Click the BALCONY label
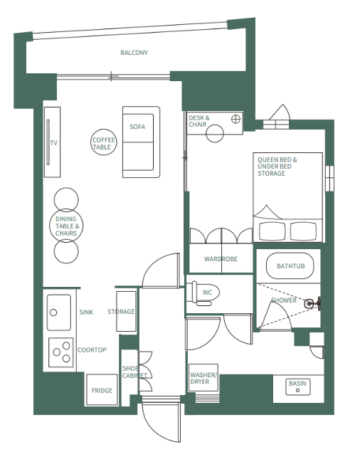coord(134,53)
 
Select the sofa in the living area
coord(141,142)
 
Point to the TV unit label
coord(53,143)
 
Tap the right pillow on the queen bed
coord(302,231)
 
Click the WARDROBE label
coord(221,259)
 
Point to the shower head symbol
coord(309,303)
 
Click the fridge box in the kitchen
coord(101,390)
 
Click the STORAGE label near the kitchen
coord(121,312)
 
